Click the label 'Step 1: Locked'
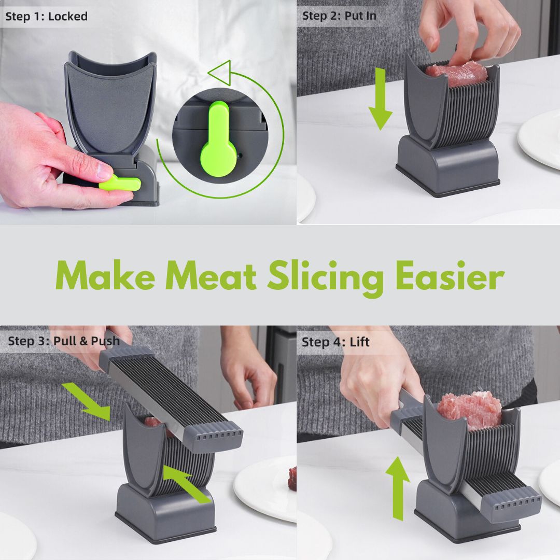47,17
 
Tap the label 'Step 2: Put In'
339,16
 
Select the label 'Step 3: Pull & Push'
63,341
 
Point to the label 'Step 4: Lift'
335,342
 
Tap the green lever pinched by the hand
121,183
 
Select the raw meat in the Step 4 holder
469,410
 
